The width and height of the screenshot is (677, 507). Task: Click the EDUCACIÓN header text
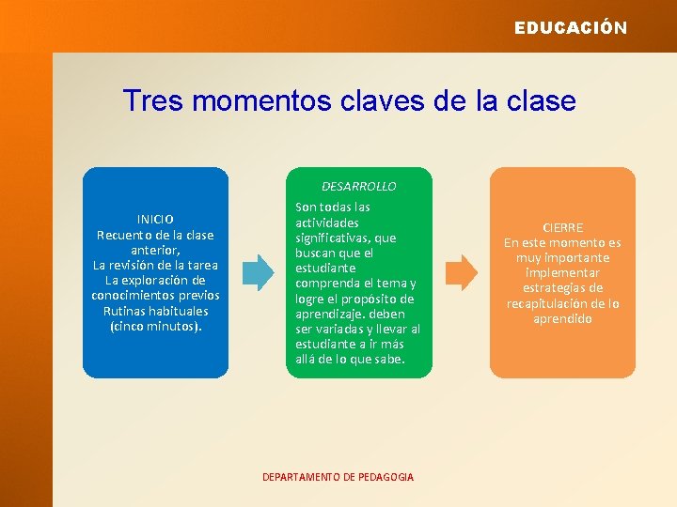(570, 28)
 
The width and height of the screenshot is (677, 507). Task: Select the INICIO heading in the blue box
(155, 220)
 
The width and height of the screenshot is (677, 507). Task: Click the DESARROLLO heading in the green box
(358, 187)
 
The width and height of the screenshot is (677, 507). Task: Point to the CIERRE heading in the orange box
(562, 227)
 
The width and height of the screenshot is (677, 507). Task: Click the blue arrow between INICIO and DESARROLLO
(259, 271)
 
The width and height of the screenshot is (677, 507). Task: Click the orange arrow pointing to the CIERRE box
(461, 271)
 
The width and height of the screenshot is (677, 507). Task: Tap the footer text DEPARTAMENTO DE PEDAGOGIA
(338, 477)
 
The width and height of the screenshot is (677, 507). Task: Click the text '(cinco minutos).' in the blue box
(155, 326)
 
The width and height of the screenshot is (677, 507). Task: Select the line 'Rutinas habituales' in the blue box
(155, 311)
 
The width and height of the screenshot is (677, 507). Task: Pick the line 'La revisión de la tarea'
(155, 265)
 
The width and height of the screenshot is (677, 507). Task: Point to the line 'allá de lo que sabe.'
(350, 360)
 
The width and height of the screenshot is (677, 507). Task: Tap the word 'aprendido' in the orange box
(562, 319)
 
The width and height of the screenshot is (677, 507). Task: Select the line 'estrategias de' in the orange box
(562, 288)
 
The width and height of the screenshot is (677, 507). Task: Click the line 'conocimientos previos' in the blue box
(155, 296)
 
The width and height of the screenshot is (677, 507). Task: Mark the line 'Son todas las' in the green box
(332, 207)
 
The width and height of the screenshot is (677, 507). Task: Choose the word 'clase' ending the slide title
(540, 100)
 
